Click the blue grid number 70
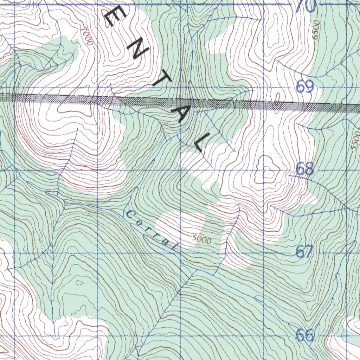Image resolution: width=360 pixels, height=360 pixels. (305, 6)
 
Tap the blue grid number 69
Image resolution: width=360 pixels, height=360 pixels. (304, 86)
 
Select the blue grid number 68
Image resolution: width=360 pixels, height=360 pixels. (304, 169)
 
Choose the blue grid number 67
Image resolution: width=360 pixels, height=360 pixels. (304, 252)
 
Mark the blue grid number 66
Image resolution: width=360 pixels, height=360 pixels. (304, 335)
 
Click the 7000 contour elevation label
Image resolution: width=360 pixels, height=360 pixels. (86, 36)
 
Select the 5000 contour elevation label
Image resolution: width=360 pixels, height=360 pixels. (202, 240)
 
